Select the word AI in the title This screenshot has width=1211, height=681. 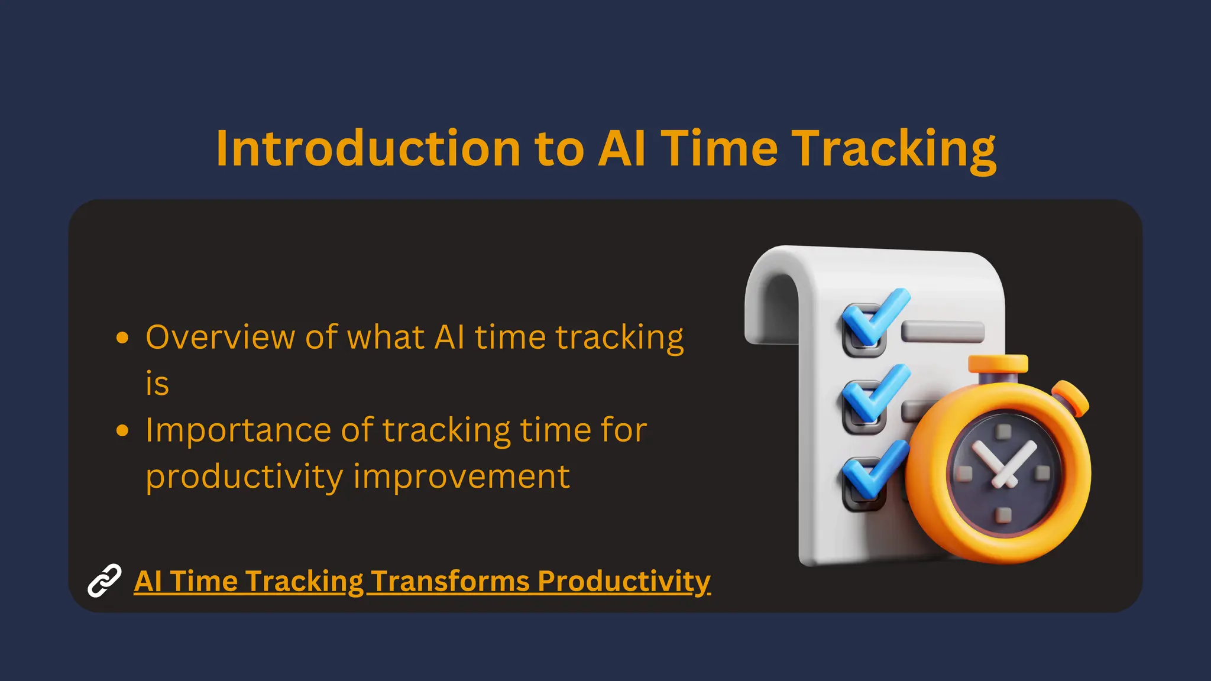coord(621,148)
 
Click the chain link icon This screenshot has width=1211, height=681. coord(105,581)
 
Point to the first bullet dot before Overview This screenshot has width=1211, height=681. coord(122,338)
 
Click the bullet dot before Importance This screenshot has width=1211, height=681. coord(122,430)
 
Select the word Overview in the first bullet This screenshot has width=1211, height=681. coord(220,338)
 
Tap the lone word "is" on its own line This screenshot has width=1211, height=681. coord(157,384)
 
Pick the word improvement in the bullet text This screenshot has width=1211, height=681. coord(461,476)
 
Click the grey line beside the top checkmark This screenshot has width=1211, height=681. coord(943,331)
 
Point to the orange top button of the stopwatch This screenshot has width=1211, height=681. coord(998,364)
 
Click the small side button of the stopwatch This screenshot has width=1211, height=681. coord(1071,398)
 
